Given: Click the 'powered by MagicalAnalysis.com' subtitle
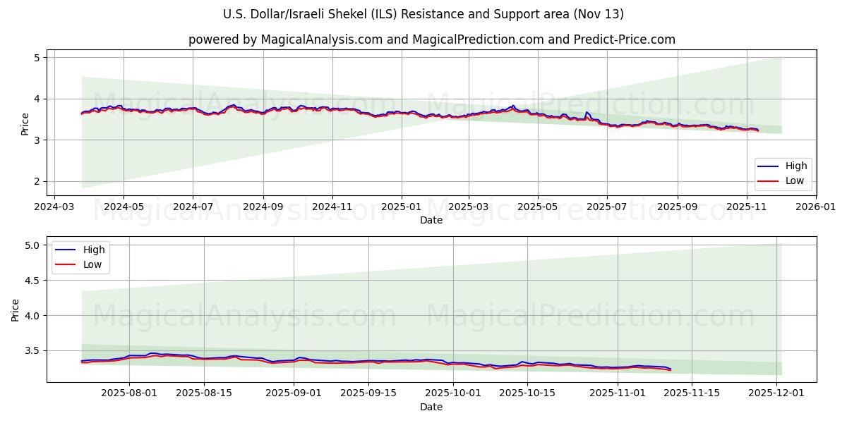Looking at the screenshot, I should point(431,39).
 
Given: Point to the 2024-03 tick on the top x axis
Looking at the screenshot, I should point(54,207).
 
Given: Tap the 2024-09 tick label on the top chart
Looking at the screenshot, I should point(263,207).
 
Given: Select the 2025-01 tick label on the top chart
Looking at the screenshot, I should point(401,207).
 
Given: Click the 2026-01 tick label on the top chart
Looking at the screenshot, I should point(816,207).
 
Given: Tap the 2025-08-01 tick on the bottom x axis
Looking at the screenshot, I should point(129,393).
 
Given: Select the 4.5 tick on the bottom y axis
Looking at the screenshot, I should point(32,281).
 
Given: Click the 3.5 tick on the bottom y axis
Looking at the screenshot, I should point(32,350).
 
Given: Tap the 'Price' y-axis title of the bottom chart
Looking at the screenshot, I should point(16,309).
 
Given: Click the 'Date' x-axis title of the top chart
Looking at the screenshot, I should point(431,220).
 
